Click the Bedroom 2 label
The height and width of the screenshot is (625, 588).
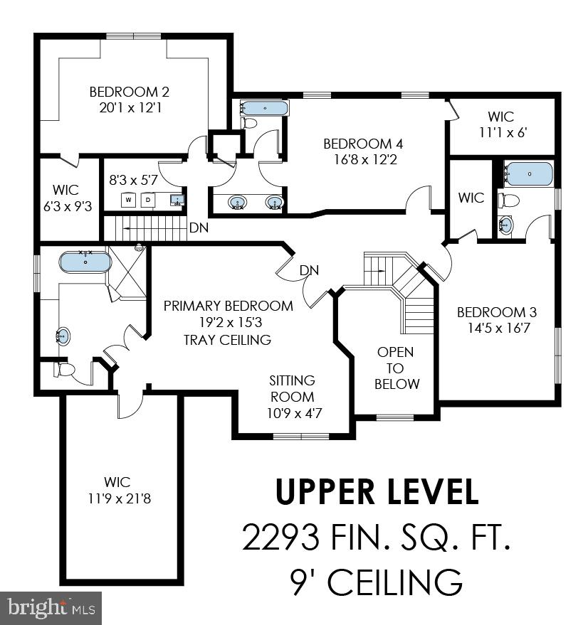click(x=129, y=92)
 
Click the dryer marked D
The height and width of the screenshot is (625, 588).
click(x=149, y=200)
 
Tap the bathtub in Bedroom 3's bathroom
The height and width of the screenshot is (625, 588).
click(x=529, y=173)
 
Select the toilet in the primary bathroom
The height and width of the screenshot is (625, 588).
click(x=65, y=370)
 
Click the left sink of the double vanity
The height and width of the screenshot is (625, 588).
click(x=238, y=204)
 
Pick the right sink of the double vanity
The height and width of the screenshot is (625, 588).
click(x=274, y=204)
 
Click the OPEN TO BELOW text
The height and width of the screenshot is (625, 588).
click(x=395, y=368)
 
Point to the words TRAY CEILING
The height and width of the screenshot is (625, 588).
click(x=227, y=340)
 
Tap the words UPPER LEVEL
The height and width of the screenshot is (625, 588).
click(x=377, y=493)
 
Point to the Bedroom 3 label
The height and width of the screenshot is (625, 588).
click(x=496, y=312)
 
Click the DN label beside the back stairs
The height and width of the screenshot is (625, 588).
click(x=199, y=228)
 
